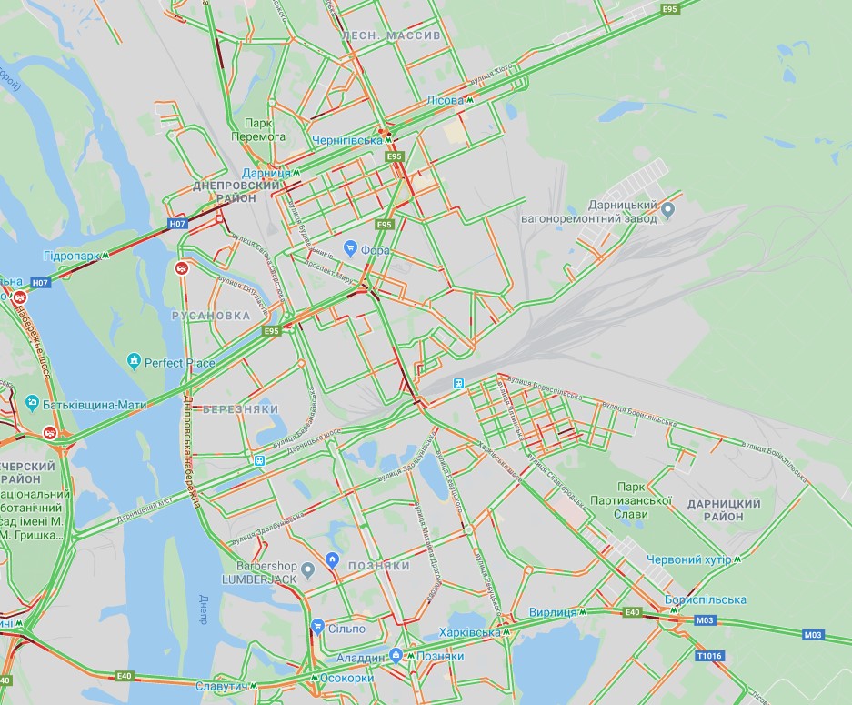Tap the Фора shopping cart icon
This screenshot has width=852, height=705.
pyautogui.click(x=350, y=247)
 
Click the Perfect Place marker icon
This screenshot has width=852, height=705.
pyautogui.click(x=135, y=362)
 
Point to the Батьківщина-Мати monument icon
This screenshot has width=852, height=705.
pyautogui.click(x=32, y=403)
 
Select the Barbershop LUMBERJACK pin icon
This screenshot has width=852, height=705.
pyautogui.click(x=308, y=570)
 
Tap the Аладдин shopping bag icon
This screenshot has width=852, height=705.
pyautogui.click(x=396, y=654)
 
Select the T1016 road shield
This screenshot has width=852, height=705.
pyautogui.click(x=708, y=655)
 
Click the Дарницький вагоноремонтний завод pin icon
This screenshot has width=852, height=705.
pyautogui.click(x=668, y=211)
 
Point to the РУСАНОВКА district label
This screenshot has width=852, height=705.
pyautogui.click(x=210, y=316)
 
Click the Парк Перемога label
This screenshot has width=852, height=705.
pyautogui.click(x=265, y=130)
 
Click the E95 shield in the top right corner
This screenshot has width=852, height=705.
pyautogui.click(x=670, y=8)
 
